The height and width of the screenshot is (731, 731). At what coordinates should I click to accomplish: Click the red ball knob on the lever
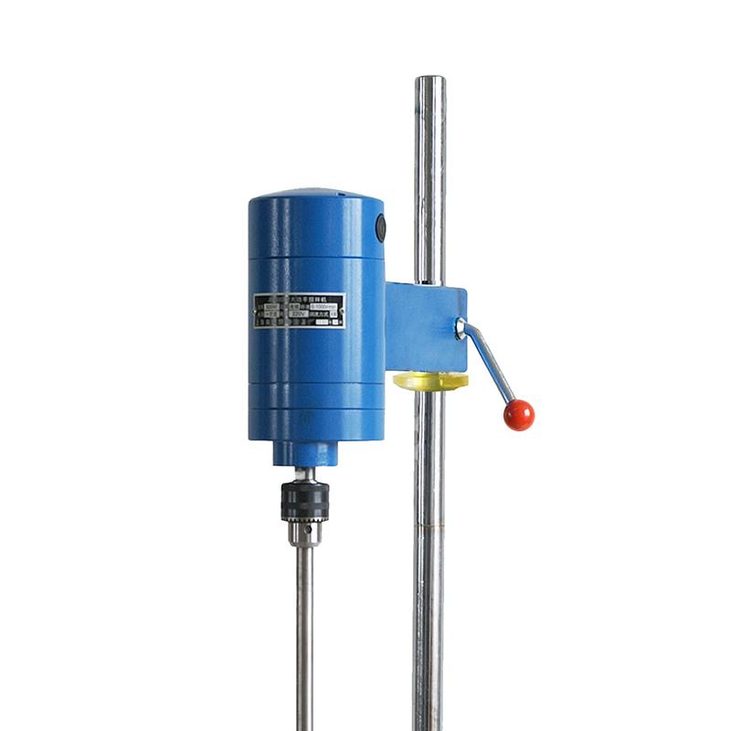tap(518, 415)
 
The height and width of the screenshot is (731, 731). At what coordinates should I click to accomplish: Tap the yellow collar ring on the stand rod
tap(430, 380)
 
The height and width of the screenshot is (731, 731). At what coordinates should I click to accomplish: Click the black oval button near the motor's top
tap(381, 228)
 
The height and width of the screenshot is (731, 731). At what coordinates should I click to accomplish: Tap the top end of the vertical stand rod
tap(429, 82)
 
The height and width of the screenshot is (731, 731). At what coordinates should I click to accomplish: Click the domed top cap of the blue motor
tap(316, 196)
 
